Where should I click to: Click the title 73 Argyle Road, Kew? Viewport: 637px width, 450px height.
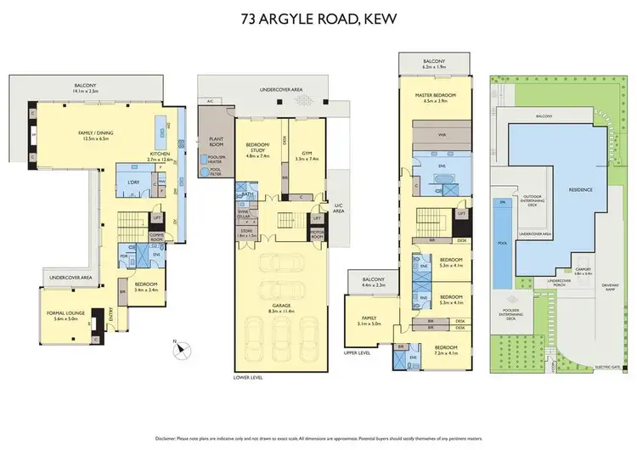[x=318, y=16]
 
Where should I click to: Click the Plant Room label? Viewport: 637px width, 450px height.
[x=210, y=142]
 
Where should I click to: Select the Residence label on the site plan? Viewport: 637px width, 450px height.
[x=581, y=189]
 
